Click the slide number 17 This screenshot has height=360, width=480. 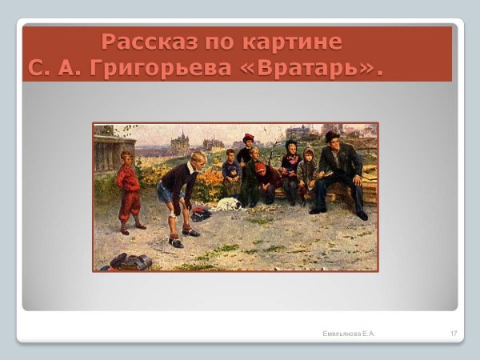pos(454,332)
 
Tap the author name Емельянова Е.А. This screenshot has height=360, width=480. pos(349,332)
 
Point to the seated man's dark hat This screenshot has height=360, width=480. pos(332,136)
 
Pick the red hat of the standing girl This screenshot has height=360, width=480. pos(248,138)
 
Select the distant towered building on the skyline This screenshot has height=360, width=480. pos(180,142)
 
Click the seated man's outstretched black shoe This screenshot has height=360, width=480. pos(361,214)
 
